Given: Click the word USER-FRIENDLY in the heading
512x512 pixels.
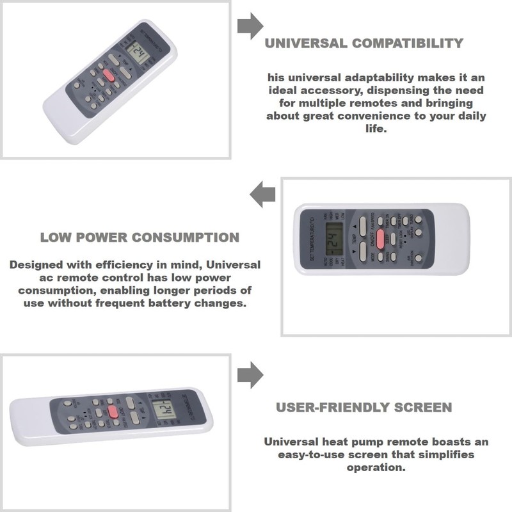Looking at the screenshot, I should click(328, 408).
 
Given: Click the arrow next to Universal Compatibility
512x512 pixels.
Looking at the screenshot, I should click(250, 26).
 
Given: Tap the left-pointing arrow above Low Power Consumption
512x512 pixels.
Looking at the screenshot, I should click(262, 194).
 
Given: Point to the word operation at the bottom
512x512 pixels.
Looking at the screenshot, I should click(376, 467).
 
